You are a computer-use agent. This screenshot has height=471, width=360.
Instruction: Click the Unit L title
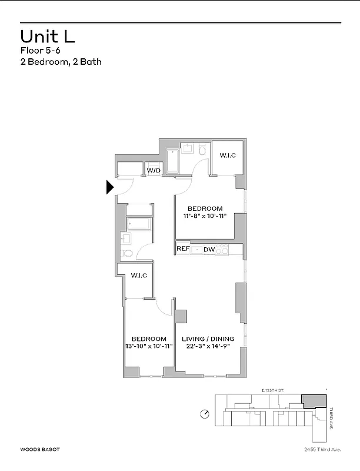[48, 37]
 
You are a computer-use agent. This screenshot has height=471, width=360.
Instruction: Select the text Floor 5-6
[36, 51]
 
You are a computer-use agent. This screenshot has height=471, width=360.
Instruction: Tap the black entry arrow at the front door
[109, 187]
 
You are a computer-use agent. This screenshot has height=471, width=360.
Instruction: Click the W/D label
[154, 171]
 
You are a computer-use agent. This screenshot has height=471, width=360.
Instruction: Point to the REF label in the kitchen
[183, 249]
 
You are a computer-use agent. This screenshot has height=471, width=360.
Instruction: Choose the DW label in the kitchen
[209, 249]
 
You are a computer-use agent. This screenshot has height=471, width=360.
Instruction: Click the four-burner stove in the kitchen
[221, 249]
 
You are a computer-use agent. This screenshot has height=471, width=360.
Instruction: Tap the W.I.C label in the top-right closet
[228, 155]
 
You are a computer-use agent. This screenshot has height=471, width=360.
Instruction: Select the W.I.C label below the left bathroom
[139, 275]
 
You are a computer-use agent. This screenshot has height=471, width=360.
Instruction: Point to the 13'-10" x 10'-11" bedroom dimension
[148, 347]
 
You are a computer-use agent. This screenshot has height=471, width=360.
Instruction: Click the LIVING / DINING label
[208, 339]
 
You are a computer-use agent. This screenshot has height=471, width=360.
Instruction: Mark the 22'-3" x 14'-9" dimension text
[208, 347]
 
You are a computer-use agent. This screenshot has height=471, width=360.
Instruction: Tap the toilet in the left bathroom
[128, 254]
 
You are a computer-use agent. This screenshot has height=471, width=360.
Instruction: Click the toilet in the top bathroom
[202, 151]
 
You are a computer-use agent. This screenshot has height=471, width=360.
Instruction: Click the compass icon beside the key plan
[204, 413]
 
